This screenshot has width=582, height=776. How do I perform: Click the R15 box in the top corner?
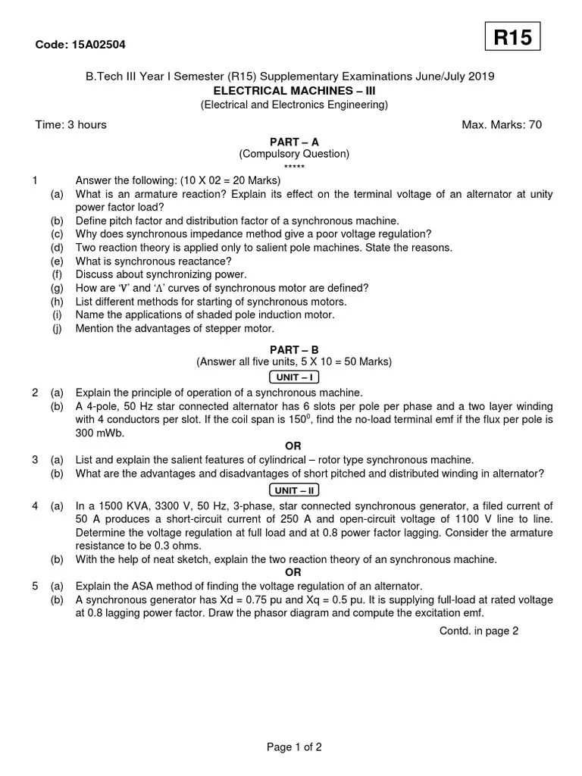(x=513, y=37)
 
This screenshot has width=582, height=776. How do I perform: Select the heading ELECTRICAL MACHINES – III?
(x=294, y=90)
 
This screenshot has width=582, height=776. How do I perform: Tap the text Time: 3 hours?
(x=70, y=125)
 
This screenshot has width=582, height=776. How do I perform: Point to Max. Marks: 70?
(x=502, y=125)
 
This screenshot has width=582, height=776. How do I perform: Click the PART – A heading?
(x=294, y=142)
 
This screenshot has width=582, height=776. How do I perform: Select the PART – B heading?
(x=294, y=349)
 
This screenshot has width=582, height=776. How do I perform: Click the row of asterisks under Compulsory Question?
(x=294, y=167)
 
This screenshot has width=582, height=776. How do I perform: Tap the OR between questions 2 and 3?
(x=293, y=446)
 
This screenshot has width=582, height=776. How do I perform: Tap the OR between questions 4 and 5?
(x=293, y=572)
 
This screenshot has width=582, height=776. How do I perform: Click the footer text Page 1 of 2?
(x=294, y=746)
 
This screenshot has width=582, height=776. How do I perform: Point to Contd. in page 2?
(x=479, y=630)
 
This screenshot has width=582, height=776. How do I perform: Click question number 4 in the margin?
(x=35, y=505)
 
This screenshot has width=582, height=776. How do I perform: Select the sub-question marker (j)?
(x=57, y=328)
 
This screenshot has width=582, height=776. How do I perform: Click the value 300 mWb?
(x=99, y=433)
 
